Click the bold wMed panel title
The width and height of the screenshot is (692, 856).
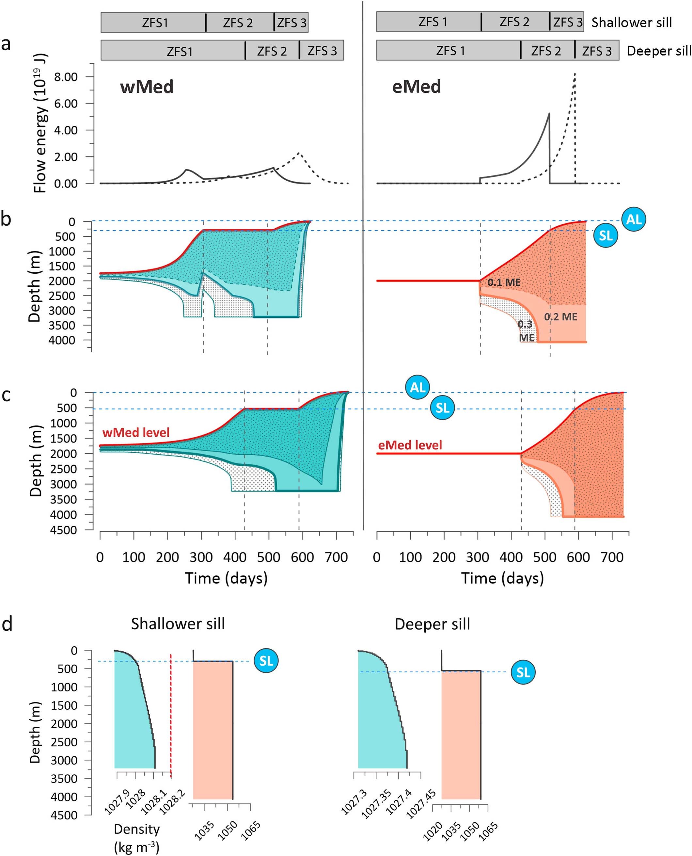click(147, 87)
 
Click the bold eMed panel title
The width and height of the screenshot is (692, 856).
click(416, 87)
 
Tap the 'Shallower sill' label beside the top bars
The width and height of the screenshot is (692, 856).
click(631, 22)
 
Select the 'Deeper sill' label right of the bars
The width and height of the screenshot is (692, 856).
click(658, 51)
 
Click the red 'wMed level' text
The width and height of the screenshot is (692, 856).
click(136, 432)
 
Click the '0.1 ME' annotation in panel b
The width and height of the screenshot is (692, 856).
click(504, 283)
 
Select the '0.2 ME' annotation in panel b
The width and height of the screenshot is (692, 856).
click(560, 317)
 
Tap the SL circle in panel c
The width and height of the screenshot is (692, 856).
click(443, 408)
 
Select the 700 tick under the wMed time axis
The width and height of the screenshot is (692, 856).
click(337, 557)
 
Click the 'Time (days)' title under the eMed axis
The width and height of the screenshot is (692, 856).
click(502, 578)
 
